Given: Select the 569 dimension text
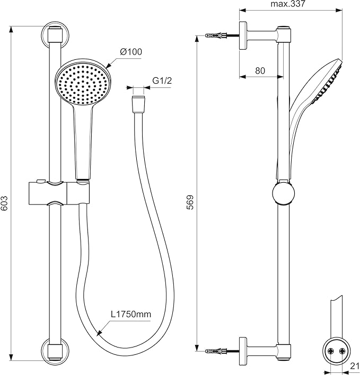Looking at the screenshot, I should [190, 203].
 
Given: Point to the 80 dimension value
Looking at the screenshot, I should [259, 70].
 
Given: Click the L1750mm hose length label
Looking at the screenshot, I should [131, 314].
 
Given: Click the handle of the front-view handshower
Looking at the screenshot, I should [83, 143].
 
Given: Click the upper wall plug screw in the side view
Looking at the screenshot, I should [217, 36].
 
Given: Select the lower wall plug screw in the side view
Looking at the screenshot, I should [217, 351].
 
